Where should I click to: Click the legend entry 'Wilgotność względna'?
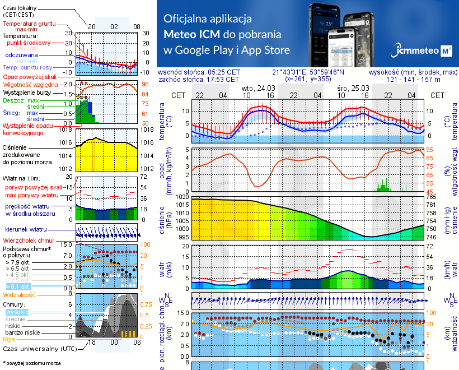coord(27,84)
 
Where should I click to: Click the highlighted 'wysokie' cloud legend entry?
coord(17,311)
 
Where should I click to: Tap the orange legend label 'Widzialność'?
coord(20,294)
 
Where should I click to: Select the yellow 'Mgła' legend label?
coord(9,339)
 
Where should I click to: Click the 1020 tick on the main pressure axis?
coord(183,197)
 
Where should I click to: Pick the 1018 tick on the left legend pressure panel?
coord(67,129)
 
